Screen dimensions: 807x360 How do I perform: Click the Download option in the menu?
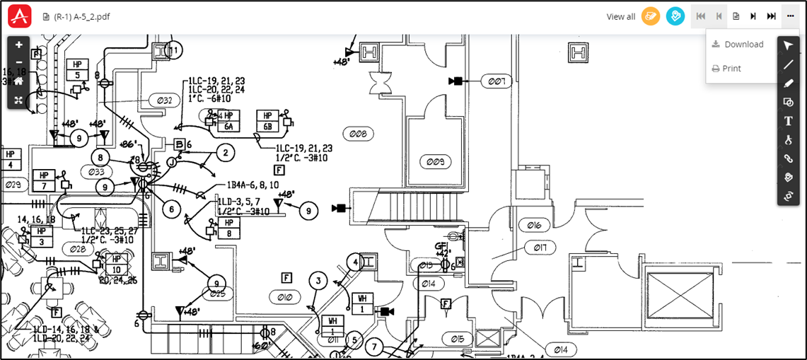(743, 45)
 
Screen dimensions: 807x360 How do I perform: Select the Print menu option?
(731, 69)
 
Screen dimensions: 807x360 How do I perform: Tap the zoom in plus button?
(18, 45)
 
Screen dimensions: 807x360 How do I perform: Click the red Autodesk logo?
(20, 16)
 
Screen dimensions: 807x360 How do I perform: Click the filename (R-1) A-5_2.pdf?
(81, 16)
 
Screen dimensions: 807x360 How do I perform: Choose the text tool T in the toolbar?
(788, 121)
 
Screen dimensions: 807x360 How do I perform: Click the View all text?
(621, 16)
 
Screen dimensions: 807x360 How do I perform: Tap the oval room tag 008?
(359, 133)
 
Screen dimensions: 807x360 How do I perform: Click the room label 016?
(534, 226)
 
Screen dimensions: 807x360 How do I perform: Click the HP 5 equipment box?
(77, 70)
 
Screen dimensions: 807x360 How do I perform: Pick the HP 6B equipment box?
(268, 121)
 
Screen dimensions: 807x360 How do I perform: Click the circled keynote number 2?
(226, 152)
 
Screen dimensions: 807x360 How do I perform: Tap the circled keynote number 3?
(319, 281)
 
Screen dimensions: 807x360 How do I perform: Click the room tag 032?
(163, 100)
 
